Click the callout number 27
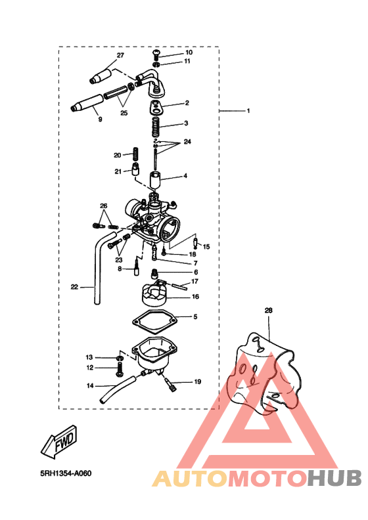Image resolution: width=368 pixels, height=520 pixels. [120, 55]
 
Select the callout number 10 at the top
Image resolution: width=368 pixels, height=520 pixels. [189, 52]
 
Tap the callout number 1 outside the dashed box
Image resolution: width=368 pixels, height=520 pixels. [248, 111]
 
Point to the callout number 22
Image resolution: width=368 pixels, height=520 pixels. [74, 286]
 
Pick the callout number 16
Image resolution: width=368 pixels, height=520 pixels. [195, 297]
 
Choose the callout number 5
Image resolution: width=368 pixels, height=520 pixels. [195, 317]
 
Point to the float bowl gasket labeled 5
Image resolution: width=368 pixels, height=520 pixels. [156, 324]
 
